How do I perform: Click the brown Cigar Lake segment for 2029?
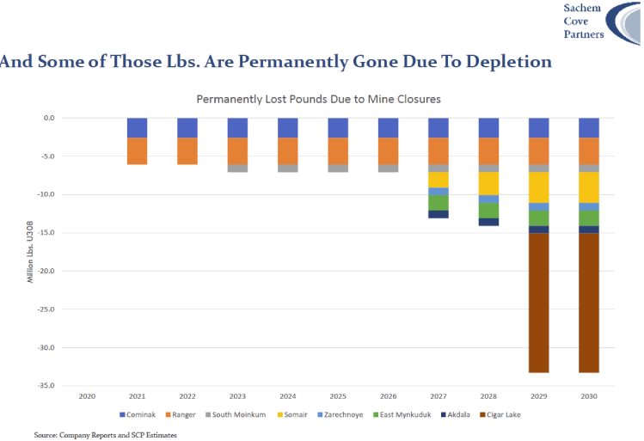click(539, 303)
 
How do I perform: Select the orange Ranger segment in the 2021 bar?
click(138, 151)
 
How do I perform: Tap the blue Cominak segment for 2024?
click(288, 128)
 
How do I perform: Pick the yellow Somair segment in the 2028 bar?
click(488, 183)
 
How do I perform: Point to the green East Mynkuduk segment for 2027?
click(439, 203)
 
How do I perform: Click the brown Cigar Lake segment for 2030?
click(589, 303)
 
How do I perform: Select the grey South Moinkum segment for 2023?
click(238, 168)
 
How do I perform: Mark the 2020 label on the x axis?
click(87, 396)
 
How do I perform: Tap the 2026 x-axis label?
click(389, 396)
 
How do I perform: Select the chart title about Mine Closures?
click(318, 99)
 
